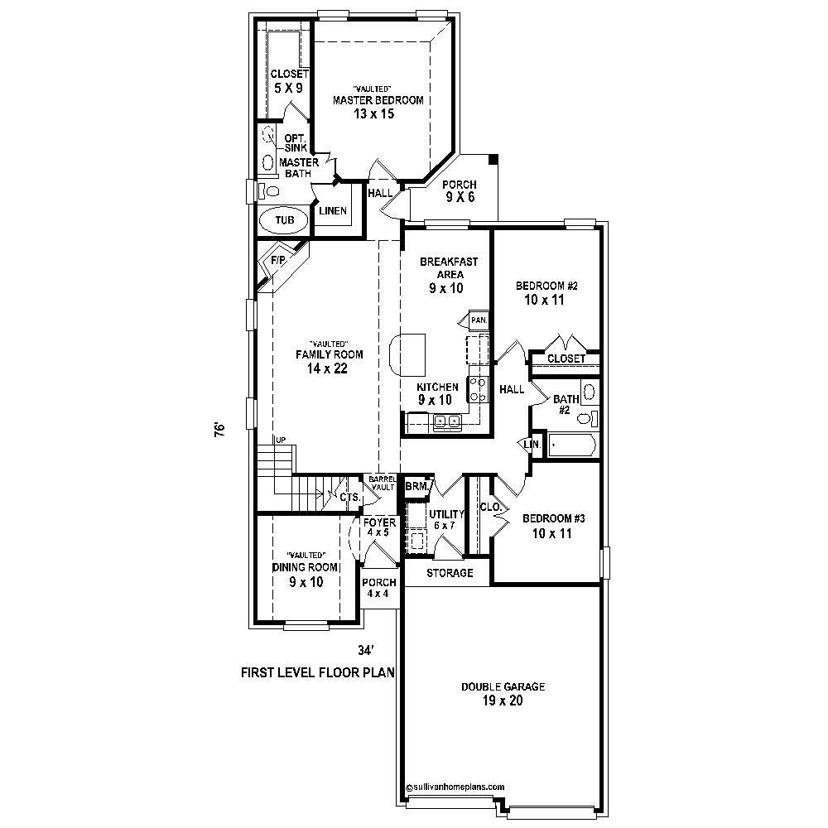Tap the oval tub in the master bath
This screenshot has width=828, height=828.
pos(284,221)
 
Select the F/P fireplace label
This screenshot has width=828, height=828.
pos(277,260)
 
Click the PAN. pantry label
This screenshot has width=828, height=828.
pos(478,320)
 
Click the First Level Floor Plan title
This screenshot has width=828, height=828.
pos(317,672)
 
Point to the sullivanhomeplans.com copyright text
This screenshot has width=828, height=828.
pos(455,787)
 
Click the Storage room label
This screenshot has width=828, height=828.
pos(450,573)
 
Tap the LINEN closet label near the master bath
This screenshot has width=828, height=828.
pos(333,211)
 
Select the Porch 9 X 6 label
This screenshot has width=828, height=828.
pos(460,191)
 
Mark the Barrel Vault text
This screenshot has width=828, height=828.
pos(383,483)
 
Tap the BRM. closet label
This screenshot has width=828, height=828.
pos(416,487)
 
